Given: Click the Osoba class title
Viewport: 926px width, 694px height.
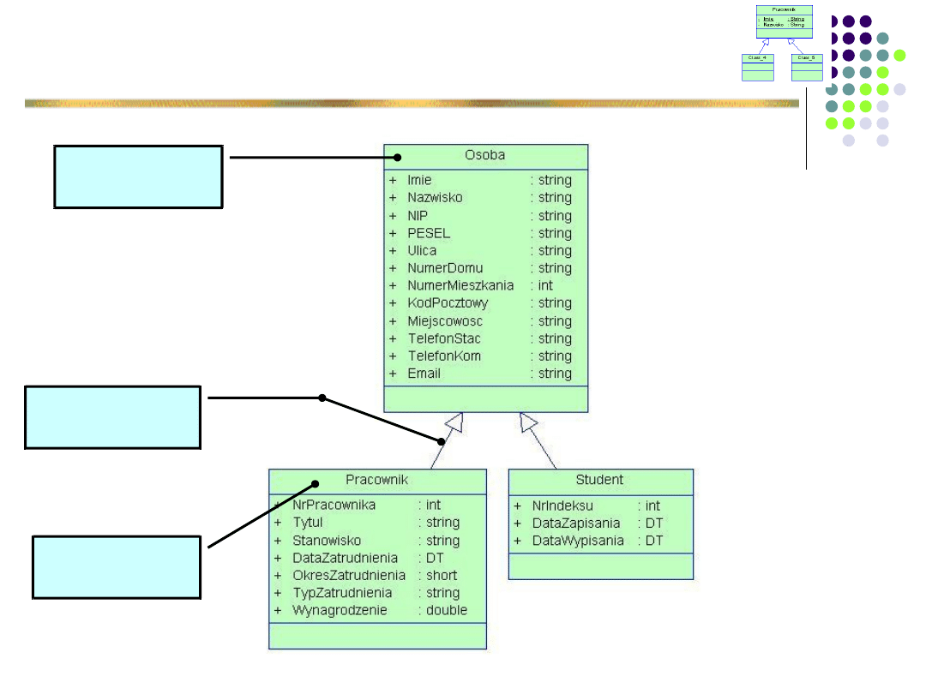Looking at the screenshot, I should coord(484,156).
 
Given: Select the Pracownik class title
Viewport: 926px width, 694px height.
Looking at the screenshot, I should coord(376,480).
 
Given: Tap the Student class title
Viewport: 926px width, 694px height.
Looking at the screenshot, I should coord(599,480).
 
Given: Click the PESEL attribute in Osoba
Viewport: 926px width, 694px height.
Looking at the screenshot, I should coord(429,233).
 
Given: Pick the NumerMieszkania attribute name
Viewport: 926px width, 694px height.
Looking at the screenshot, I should coord(460,285).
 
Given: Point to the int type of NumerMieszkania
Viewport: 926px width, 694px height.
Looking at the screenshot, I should coord(545,285).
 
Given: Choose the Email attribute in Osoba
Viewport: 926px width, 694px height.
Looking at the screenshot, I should coord(424,374).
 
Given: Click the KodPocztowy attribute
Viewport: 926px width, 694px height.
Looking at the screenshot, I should coord(448,303).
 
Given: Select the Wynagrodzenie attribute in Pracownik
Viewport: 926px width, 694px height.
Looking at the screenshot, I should coord(340,611).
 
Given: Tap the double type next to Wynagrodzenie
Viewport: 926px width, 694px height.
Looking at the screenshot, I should coord(447,611).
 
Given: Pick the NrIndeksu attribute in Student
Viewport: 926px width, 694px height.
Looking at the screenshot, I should coord(562,506).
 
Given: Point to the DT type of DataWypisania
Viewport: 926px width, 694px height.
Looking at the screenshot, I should coord(654,541).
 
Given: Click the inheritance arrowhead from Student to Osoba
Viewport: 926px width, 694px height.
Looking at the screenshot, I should coord(528,422).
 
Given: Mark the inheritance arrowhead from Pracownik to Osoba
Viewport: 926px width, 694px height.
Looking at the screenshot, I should coord(454,422).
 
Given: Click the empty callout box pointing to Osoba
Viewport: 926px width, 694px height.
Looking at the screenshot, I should coord(138,176).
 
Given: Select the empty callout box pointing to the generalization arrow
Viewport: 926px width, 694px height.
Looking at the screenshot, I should coord(112,417).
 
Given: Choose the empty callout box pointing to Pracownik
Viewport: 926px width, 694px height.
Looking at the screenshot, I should coord(117,567).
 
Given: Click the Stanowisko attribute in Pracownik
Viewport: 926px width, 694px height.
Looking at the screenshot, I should coord(327,541).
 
